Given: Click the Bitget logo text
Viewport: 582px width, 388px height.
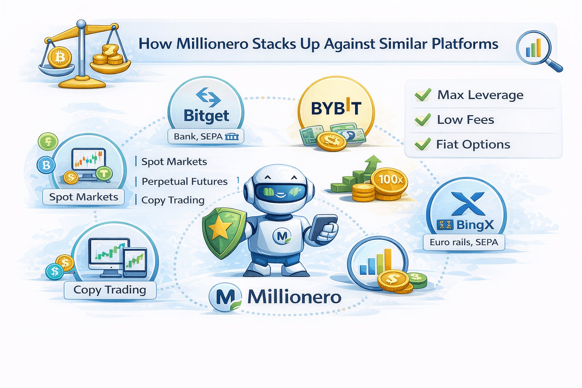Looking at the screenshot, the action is tap(206, 116).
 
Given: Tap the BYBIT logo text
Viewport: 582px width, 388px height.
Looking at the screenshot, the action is tap(336, 108).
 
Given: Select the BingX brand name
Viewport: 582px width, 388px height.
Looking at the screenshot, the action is tap(475, 225).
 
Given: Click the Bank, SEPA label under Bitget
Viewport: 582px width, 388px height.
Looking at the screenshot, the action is tap(206, 136).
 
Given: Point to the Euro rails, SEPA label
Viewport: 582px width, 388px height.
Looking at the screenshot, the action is tap(464, 242).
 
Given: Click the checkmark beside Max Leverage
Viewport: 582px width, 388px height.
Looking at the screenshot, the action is tap(423, 95).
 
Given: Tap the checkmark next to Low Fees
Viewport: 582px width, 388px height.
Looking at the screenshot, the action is tap(423, 119).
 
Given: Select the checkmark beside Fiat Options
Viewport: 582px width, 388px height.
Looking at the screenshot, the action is tap(423, 144).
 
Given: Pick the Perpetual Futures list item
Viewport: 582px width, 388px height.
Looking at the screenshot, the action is tap(185, 181).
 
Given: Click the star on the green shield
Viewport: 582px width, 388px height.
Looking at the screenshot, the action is tap(220, 228).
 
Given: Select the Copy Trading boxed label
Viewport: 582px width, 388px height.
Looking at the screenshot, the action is tap(110, 290).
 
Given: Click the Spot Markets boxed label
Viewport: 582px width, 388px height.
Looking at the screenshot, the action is tap(83, 197).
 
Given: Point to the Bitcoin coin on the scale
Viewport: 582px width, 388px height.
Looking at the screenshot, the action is tap(60, 58).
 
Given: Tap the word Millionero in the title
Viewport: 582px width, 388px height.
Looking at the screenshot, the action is tap(212, 44).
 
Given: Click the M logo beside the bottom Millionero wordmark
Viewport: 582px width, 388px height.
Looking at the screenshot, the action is tap(225, 297).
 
